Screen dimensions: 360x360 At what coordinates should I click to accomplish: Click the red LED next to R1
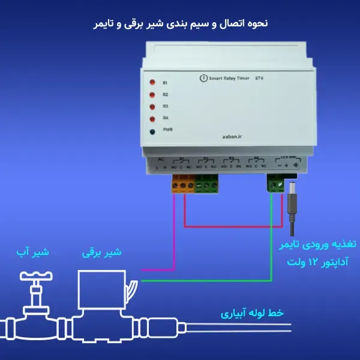pos(154,82)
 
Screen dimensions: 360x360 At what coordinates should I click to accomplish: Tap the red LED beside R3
pos(154,107)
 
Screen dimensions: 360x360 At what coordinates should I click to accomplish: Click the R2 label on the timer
pos(165,94)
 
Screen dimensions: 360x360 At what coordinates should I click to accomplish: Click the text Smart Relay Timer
pos(228,79)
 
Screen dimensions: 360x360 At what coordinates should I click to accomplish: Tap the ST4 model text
pos(259,79)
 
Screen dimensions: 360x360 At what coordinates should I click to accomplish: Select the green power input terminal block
pos(275,184)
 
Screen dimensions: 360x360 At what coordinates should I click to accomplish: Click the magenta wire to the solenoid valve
pos(173,240)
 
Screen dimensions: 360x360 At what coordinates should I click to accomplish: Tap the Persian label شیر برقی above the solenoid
pos(102,253)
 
